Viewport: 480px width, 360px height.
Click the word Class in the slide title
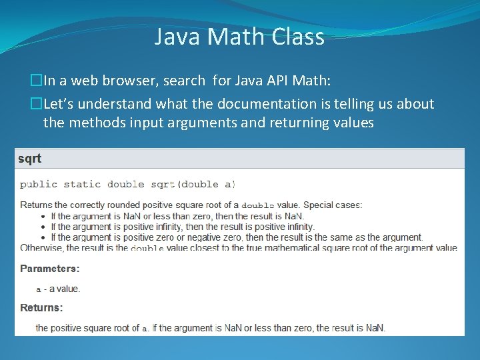(x=298, y=37)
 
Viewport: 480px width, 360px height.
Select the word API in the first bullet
(x=278, y=81)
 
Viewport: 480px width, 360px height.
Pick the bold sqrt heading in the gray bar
(x=29, y=159)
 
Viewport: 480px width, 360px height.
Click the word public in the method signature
(x=39, y=184)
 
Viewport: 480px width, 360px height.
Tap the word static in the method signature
(x=83, y=184)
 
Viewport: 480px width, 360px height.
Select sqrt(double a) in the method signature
(x=193, y=184)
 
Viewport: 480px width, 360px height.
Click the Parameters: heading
(x=50, y=269)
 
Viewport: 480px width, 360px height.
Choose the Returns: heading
(x=41, y=308)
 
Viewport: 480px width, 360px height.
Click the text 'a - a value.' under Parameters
(x=58, y=289)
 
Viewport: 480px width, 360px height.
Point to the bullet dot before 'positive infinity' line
(x=43, y=227)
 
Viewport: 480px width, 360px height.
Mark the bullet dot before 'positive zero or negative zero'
(x=43, y=237)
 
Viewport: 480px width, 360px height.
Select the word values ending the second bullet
(x=352, y=123)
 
